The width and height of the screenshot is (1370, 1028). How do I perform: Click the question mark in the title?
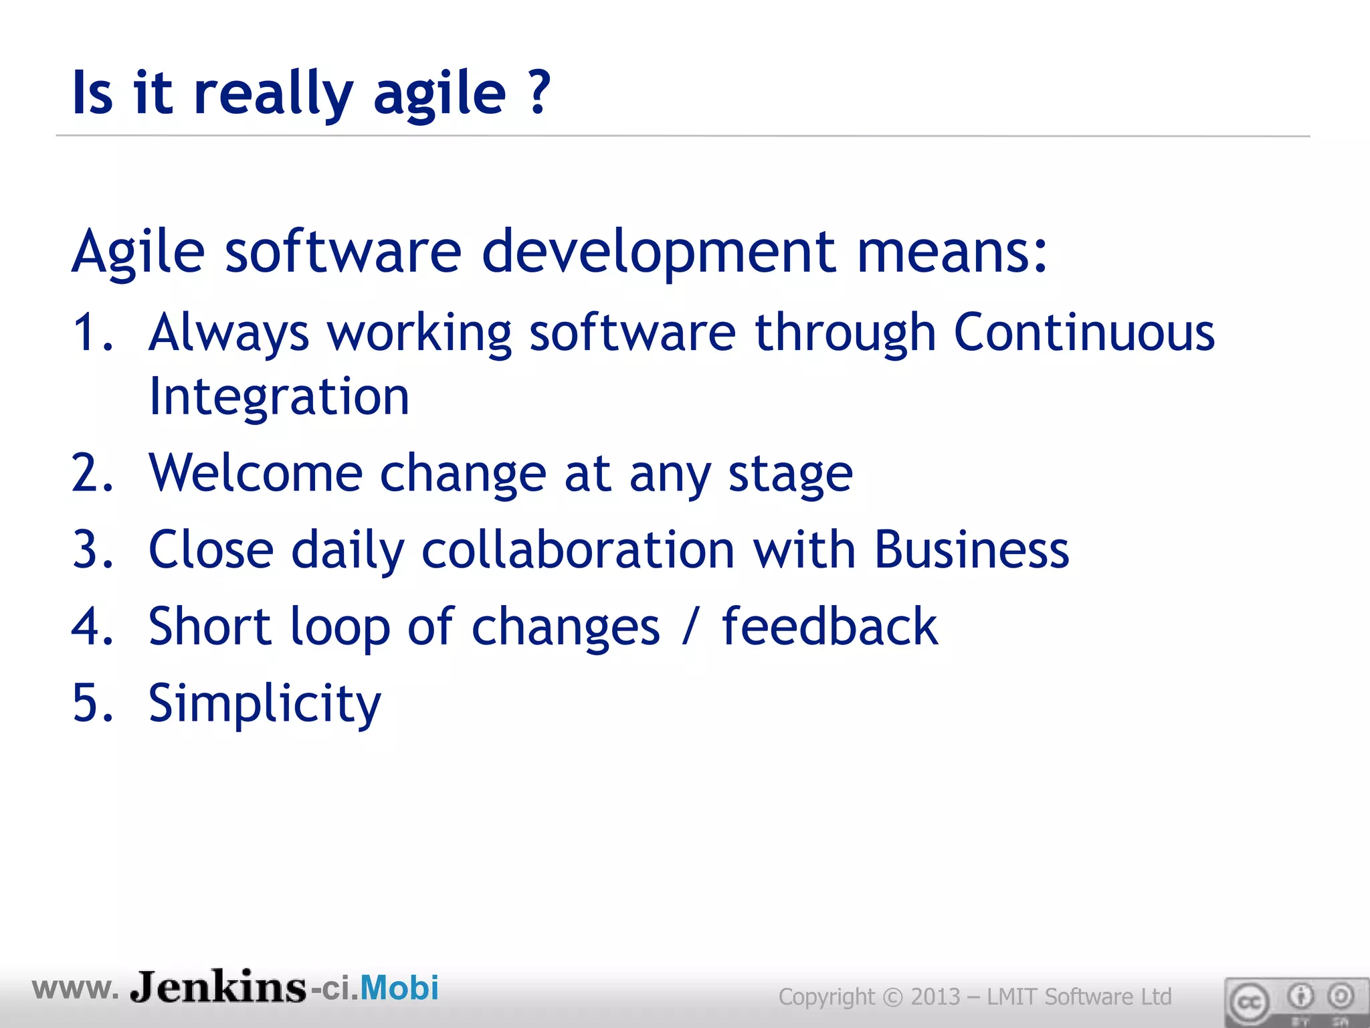539,92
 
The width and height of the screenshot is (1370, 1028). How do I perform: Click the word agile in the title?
439,95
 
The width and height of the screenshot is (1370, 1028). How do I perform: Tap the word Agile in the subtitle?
138,253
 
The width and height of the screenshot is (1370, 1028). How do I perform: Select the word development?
659,253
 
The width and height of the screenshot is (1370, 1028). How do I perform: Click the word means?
952,253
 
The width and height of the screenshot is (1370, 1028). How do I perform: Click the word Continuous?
1084,332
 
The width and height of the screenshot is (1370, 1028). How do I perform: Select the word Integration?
279,397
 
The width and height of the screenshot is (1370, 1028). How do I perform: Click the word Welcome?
256,473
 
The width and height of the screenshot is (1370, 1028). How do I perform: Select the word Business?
971,550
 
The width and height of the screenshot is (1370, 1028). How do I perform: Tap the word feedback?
829,626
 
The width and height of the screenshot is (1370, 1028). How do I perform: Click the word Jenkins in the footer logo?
218,988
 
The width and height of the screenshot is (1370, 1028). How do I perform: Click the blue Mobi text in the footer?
399,988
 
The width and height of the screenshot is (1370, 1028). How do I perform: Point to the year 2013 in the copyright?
935,997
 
